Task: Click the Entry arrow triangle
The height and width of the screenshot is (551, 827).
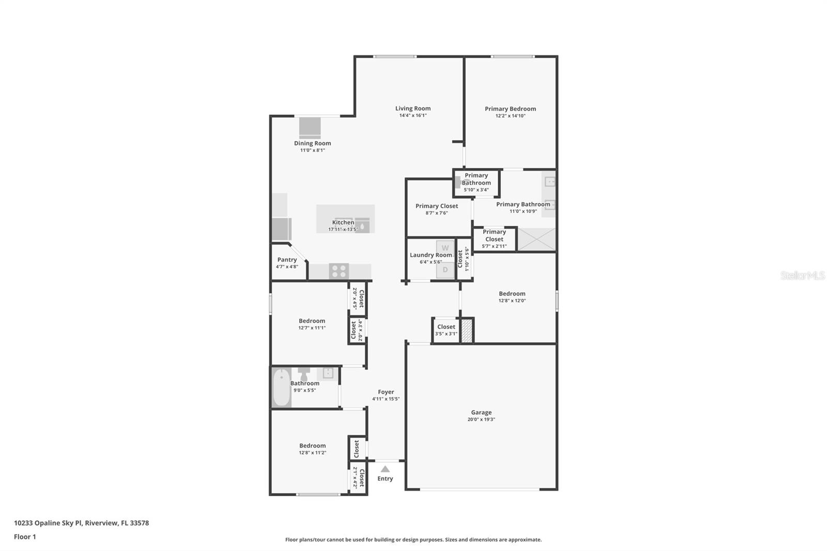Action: click(x=385, y=469)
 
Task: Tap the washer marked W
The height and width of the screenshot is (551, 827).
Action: click(x=445, y=248)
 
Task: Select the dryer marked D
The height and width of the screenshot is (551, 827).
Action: click(x=445, y=270)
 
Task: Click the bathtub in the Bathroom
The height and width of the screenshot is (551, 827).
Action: click(x=282, y=388)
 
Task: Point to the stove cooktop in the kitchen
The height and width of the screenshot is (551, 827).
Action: click(x=339, y=271)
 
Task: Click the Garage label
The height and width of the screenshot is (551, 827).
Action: click(x=481, y=412)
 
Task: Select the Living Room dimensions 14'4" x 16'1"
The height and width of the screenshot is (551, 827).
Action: click(x=412, y=116)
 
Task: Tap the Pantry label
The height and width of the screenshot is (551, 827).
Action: click(x=287, y=260)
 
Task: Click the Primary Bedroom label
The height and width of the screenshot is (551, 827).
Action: click(x=510, y=109)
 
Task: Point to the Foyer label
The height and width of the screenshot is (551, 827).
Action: click(x=386, y=392)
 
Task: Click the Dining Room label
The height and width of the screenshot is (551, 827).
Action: click(x=312, y=143)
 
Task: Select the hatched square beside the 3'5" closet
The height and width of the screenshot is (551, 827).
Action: click(x=467, y=330)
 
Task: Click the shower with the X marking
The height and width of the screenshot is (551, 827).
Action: click(x=537, y=240)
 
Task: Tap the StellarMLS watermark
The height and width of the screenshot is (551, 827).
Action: click(x=802, y=276)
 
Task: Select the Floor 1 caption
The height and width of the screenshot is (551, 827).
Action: click(x=25, y=537)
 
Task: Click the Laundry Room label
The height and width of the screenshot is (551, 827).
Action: click(x=431, y=255)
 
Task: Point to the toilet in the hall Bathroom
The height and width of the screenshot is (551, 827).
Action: click(x=303, y=373)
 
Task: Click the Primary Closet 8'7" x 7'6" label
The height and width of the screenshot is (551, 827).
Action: click(x=437, y=206)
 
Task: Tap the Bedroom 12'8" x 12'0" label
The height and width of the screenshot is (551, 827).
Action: click(x=512, y=294)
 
